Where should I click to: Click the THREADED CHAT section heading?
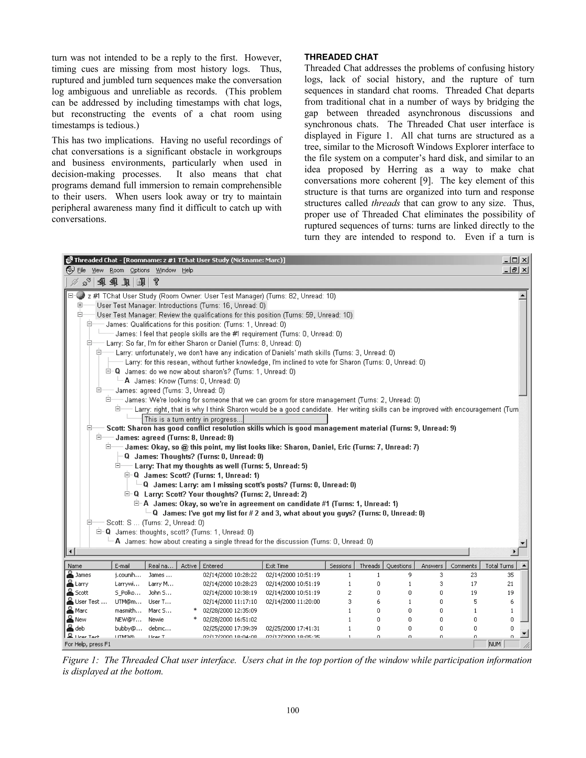coord(341,57)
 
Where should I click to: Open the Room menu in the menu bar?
coord(117,270)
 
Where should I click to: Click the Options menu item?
coord(140,270)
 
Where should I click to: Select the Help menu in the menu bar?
coord(187,270)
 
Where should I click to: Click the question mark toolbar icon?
coord(156,282)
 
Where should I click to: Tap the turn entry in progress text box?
coord(235,419)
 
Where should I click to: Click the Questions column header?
coord(399,566)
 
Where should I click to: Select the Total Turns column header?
coord(499,566)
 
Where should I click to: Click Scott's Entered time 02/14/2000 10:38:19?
coord(230,593)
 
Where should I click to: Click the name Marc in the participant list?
coord(81,610)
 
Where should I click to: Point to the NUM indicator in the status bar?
coord(494,644)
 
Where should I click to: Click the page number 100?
coord(293,711)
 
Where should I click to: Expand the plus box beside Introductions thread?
coord(80,305)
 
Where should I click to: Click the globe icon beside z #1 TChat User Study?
coord(80,296)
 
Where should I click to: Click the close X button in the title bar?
coord(525,260)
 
